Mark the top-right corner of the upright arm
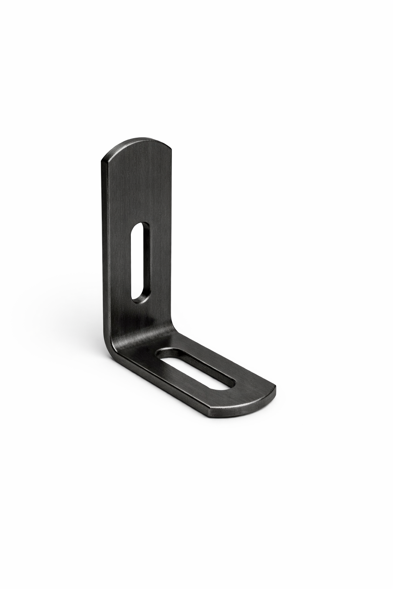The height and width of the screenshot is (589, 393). [x=171, y=147]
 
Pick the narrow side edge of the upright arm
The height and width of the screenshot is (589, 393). [x=104, y=249]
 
